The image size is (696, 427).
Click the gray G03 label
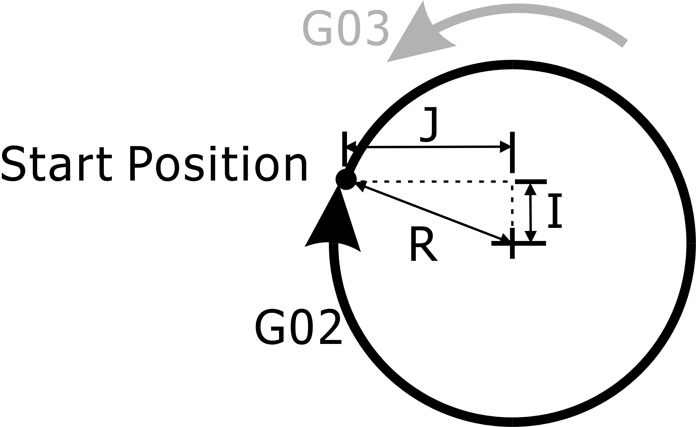pos(345,28)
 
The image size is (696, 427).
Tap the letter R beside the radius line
pos(424,240)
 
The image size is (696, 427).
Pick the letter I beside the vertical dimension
pos(555,210)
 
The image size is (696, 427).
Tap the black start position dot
pos(346,179)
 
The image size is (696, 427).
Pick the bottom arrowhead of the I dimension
pos(531,236)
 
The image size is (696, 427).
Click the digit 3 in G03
pos(377,28)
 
